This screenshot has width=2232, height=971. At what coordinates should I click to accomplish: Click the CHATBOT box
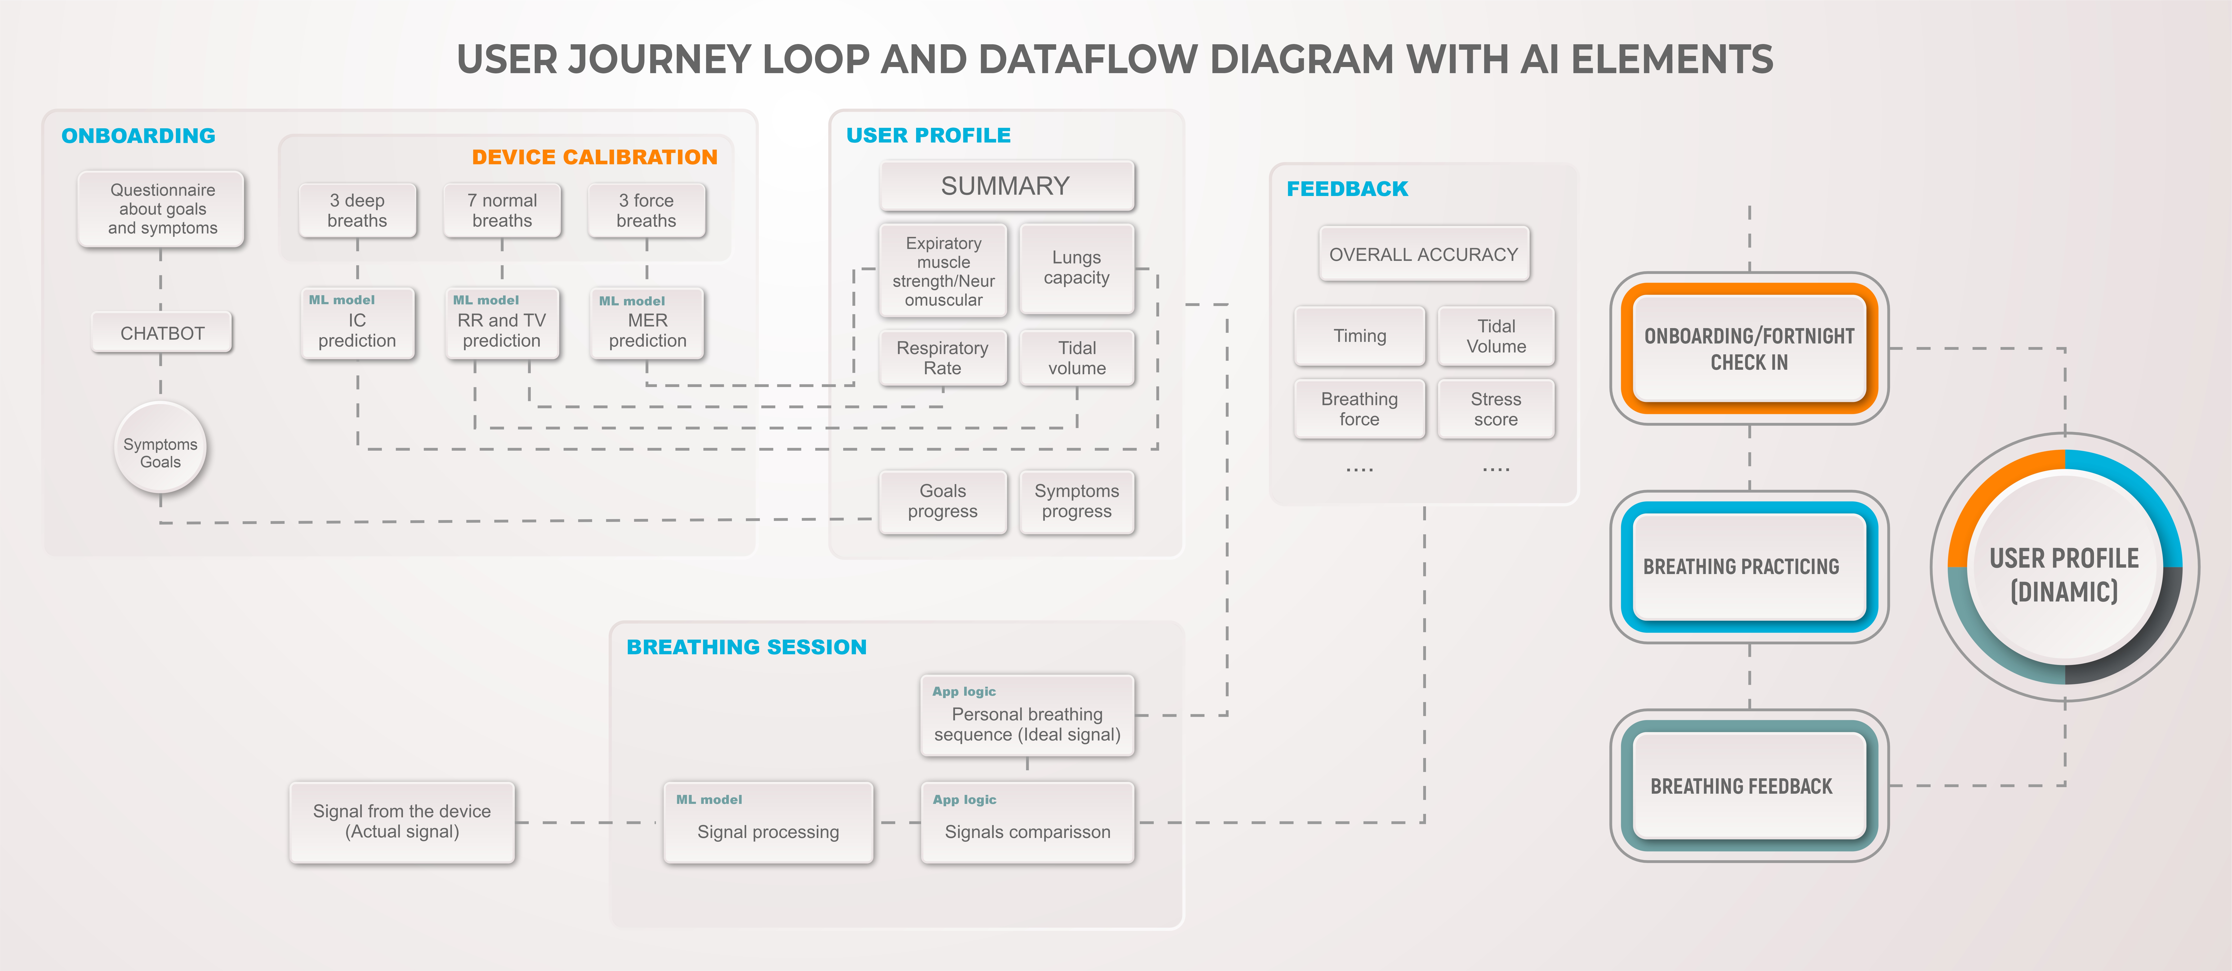pyautogui.click(x=162, y=334)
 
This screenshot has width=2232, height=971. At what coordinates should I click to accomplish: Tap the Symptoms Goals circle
pyautogui.click(x=160, y=449)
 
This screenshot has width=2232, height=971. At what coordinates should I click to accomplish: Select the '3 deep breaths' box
pyautogui.click(x=357, y=210)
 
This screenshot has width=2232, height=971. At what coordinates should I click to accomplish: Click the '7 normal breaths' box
pyautogui.click(x=502, y=210)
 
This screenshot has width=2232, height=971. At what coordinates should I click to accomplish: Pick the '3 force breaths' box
pyautogui.click(x=646, y=210)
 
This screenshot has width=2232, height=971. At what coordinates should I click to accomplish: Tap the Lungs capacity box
pyautogui.click(x=1076, y=268)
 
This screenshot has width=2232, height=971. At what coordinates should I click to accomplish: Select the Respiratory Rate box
pyautogui.click(x=943, y=358)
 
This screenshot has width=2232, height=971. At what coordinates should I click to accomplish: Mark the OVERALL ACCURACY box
pyautogui.click(x=1424, y=254)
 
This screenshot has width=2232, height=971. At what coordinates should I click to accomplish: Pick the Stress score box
pyautogui.click(x=1496, y=409)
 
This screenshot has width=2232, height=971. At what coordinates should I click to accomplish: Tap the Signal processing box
pyautogui.click(x=768, y=823)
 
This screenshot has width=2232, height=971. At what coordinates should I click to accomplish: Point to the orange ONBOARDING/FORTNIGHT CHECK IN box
pyautogui.click(x=1749, y=348)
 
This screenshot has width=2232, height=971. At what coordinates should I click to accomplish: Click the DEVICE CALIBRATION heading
pyautogui.click(x=594, y=157)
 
